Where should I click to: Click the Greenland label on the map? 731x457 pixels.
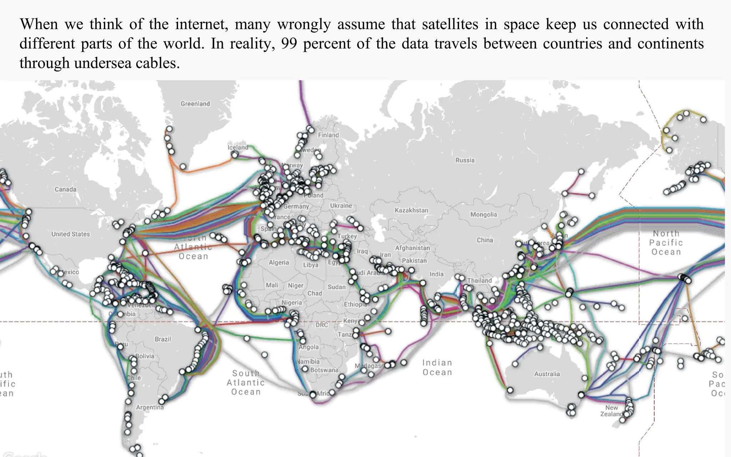(x=195, y=104)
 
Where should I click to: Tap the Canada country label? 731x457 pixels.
(x=65, y=189)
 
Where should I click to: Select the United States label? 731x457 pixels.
(x=70, y=234)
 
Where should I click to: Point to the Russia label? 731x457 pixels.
(x=465, y=160)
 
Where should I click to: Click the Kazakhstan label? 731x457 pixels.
(x=411, y=210)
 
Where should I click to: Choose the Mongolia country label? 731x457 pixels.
(x=483, y=215)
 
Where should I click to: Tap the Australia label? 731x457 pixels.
(x=547, y=374)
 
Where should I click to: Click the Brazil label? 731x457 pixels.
(x=163, y=339)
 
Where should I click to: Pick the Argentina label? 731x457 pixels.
(x=150, y=407)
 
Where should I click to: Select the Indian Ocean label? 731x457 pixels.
(x=437, y=368)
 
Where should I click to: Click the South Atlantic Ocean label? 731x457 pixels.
(x=246, y=383)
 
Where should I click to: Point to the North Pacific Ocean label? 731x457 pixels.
(x=666, y=243)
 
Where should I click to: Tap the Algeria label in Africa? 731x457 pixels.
(x=279, y=262)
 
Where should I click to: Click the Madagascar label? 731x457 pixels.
(x=368, y=366)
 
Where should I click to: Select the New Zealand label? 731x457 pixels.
(x=611, y=411)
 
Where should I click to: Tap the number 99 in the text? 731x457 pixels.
(x=289, y=44)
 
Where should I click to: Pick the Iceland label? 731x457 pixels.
(x=238, y=147)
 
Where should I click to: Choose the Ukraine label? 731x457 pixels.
(x=341, y=206)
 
